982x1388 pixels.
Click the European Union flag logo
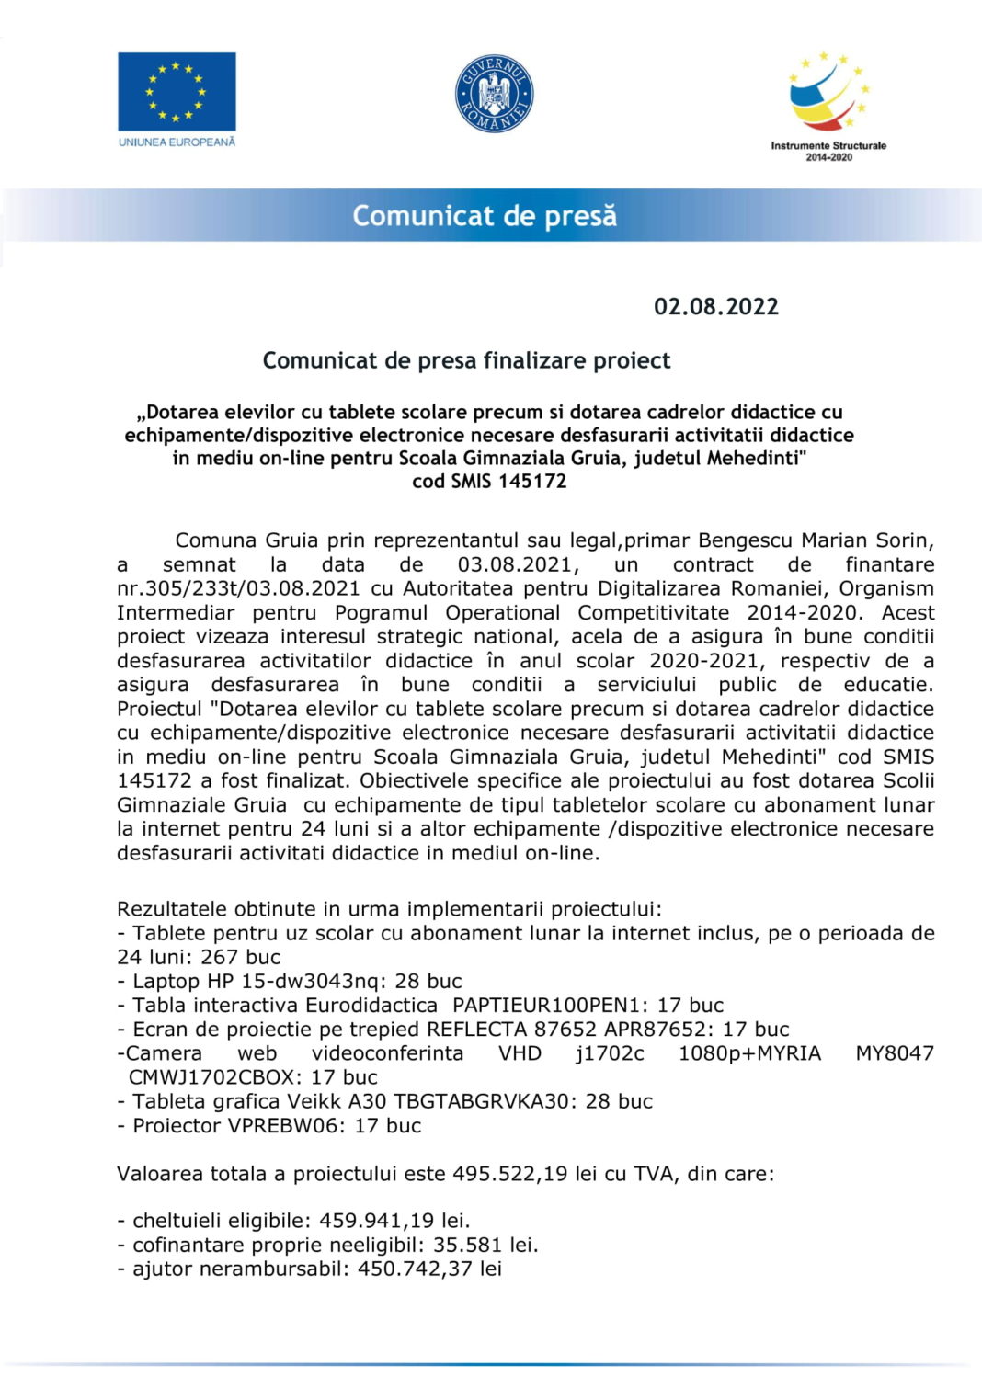click(177, 91)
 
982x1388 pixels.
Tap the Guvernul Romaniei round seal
click(494, 93)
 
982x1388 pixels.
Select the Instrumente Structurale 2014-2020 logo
click(828, 105)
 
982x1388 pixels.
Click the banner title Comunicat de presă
click(485, 216)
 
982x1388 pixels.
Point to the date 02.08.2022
click(716, 307)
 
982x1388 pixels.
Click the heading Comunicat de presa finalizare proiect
click(466, 360)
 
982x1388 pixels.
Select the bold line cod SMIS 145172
click(489, 481)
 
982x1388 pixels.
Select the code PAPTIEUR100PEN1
click(551, 1005)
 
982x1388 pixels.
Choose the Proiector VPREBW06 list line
click(269, 1125)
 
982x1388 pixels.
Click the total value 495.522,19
click(509, 1174)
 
